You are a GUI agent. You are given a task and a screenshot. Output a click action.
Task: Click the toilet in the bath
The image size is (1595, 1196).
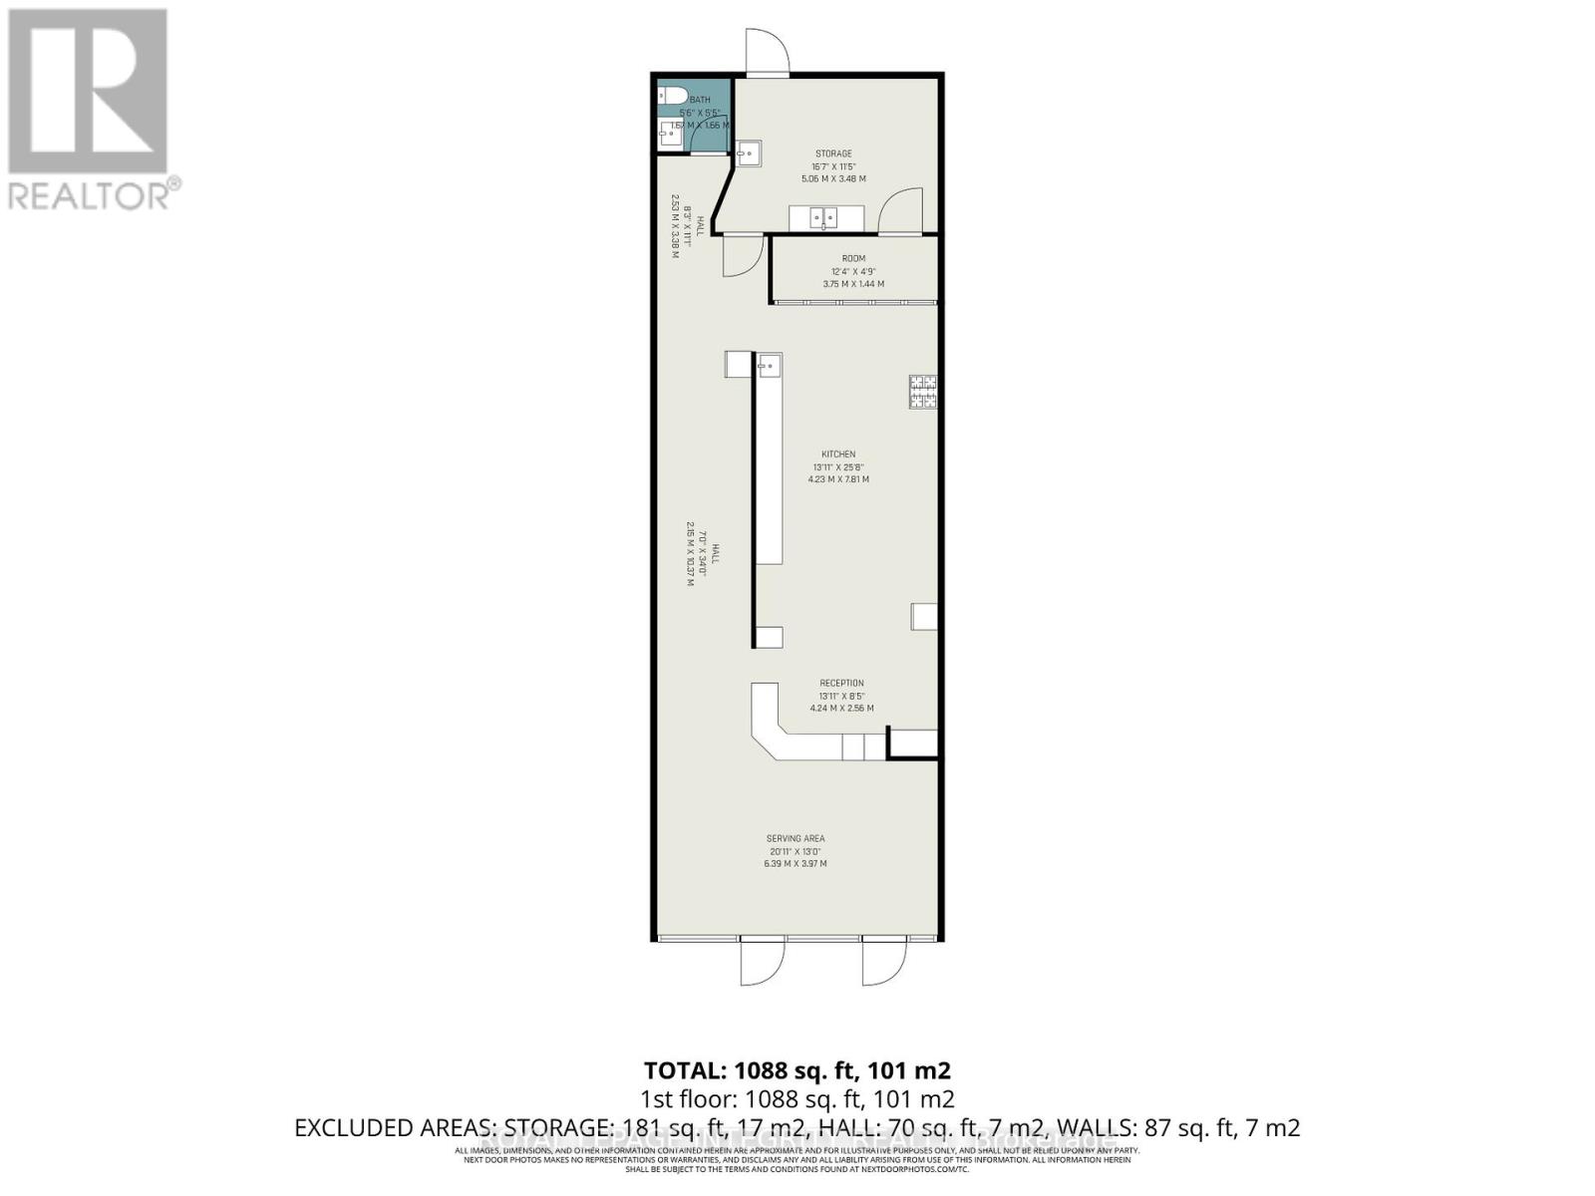tap(673, 97)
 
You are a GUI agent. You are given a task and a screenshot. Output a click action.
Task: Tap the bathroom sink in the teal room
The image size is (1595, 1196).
tap(670, 134)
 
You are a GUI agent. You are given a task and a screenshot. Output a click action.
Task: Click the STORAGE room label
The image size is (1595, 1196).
tap(833, 153)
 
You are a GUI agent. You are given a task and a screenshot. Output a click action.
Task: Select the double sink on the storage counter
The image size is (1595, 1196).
tap(823, 216)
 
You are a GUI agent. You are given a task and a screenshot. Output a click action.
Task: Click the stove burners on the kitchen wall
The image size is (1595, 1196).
tap(922, 391)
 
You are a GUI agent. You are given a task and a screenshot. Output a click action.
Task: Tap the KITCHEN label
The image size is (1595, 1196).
tap(838, 454)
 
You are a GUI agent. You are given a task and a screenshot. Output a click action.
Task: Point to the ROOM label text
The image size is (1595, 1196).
tap(853, 259)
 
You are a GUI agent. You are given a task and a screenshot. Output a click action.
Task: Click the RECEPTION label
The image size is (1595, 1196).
tap(841, 684)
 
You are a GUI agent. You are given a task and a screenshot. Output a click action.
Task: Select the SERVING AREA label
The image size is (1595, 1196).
tap(796, 839)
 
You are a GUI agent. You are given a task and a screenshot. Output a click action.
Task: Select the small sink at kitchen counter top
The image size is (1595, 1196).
tap(769, 365)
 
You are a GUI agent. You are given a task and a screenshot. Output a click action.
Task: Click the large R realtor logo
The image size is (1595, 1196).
tap(87, 90)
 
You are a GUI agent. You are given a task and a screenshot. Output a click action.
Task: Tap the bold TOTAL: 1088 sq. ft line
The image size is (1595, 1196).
tap(797, 1070)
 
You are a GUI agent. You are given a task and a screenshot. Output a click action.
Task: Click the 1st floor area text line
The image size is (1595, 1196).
tap(797, 1099)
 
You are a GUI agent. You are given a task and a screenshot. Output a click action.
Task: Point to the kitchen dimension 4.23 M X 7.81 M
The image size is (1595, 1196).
tap(838, 479)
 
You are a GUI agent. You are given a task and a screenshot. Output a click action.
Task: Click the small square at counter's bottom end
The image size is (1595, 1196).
tap(769, 637)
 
